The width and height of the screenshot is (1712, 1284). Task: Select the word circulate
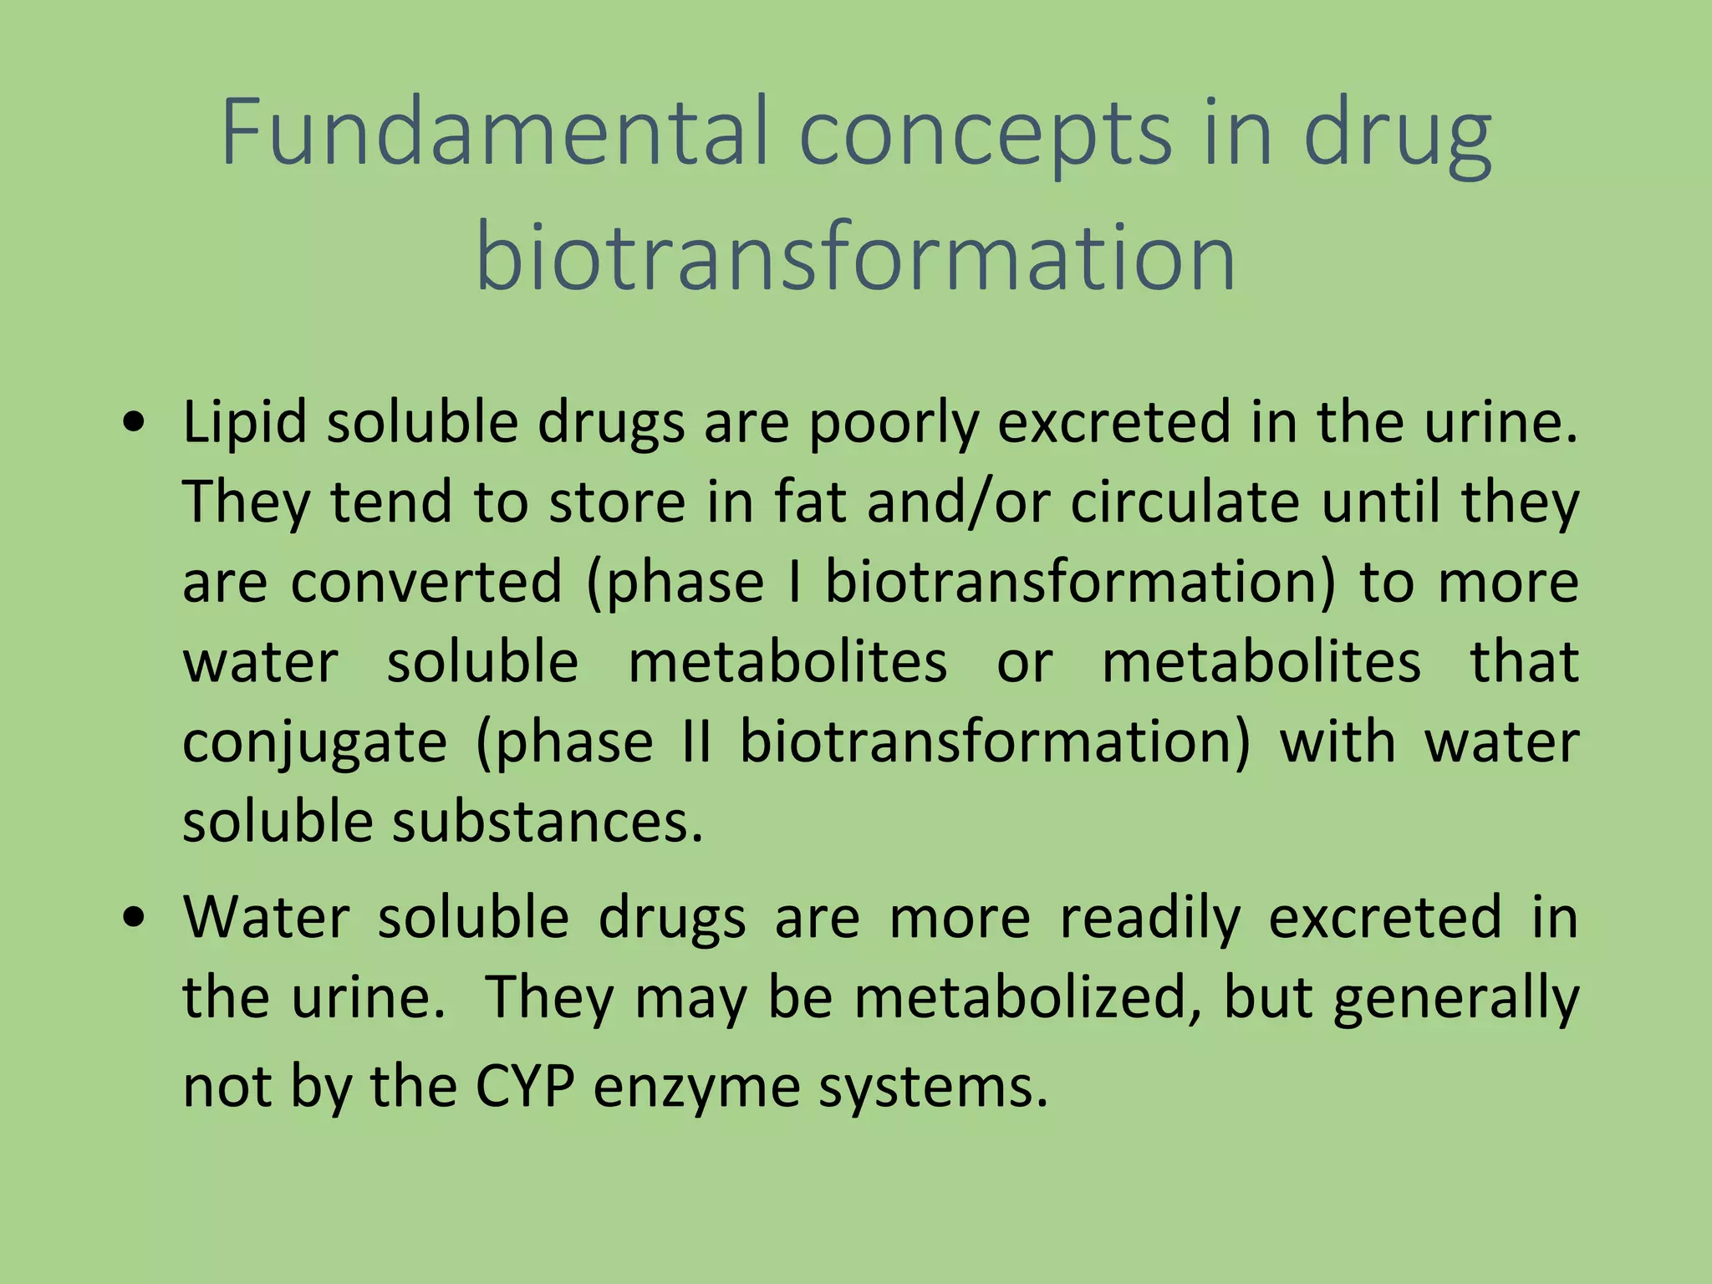click(x=1185, y=503)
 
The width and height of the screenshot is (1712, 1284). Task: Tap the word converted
click(x=426, y=583)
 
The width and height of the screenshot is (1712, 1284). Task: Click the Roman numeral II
click(x=696, y=742)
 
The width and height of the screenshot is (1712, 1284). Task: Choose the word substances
click(x=548, y=823)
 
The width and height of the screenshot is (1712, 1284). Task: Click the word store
click(x=617, y=503)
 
